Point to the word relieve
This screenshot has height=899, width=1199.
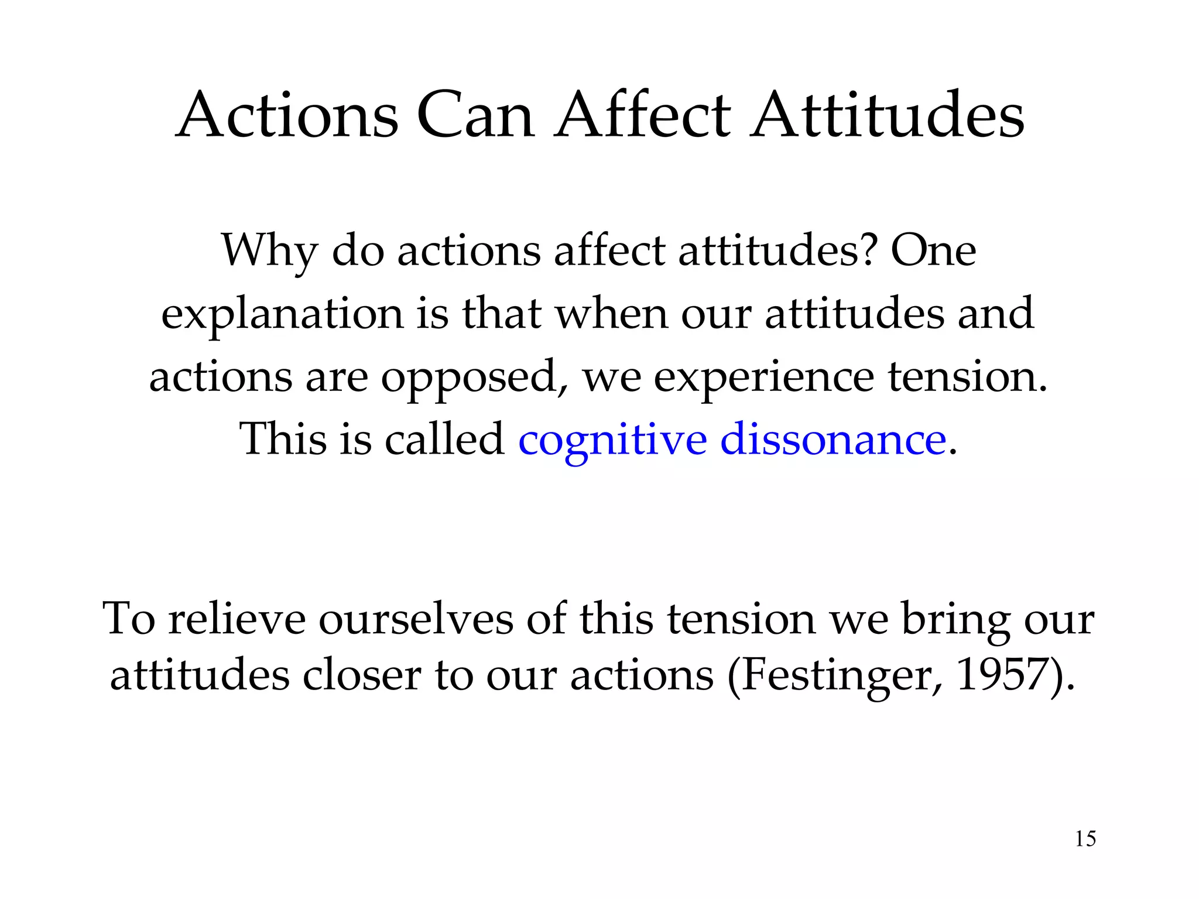(237, 619)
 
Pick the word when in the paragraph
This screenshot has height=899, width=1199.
(611, 314)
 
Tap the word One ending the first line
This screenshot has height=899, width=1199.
(933, 251)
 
